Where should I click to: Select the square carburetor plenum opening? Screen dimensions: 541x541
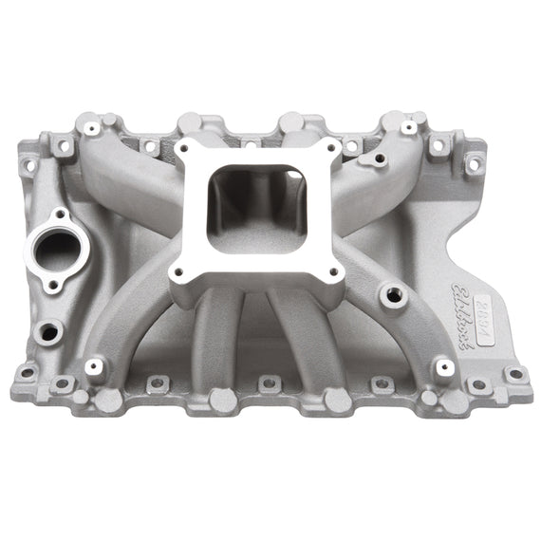coord(254,209)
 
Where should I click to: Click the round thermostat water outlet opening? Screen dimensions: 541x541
coord(59,251)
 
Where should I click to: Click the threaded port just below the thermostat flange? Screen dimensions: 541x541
coord(48,331)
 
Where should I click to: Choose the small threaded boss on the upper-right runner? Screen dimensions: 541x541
coord(379,160)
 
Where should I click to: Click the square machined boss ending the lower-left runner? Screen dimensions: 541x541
coord(94,366)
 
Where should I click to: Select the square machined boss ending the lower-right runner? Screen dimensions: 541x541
coord(443,365)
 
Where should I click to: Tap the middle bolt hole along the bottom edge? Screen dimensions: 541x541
coord(269,383)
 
